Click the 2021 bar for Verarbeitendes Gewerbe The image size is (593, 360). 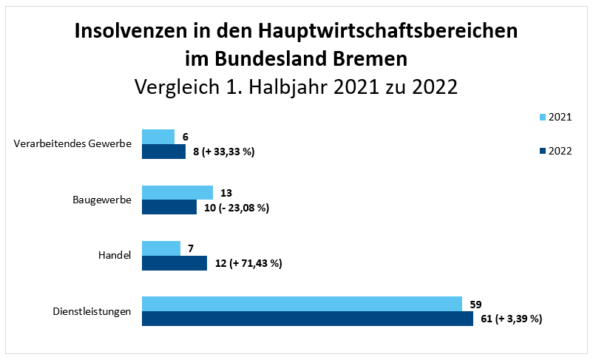point(157,137)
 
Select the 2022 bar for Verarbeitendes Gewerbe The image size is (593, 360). point(163,152)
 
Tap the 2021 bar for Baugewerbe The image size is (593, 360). point(177,192)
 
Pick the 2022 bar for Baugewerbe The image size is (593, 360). point(169,207)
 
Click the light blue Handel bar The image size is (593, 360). point(160,248)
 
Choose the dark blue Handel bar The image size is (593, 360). point(174,263)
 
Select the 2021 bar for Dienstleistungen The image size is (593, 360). point(302,304)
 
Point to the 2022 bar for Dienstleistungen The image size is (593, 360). point(307,319)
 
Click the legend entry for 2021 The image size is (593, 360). point(555,117)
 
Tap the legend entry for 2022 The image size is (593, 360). point(555,151)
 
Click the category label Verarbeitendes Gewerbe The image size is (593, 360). point(72,143)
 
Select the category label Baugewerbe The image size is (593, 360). point(102,200)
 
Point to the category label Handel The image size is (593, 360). point(115,255)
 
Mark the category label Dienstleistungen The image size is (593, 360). point(92,311)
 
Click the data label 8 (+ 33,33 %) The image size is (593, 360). point(223,152)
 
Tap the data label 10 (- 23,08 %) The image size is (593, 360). point(236,208)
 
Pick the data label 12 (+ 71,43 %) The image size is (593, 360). point(248,263)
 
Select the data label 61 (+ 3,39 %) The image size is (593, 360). point(511,319)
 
